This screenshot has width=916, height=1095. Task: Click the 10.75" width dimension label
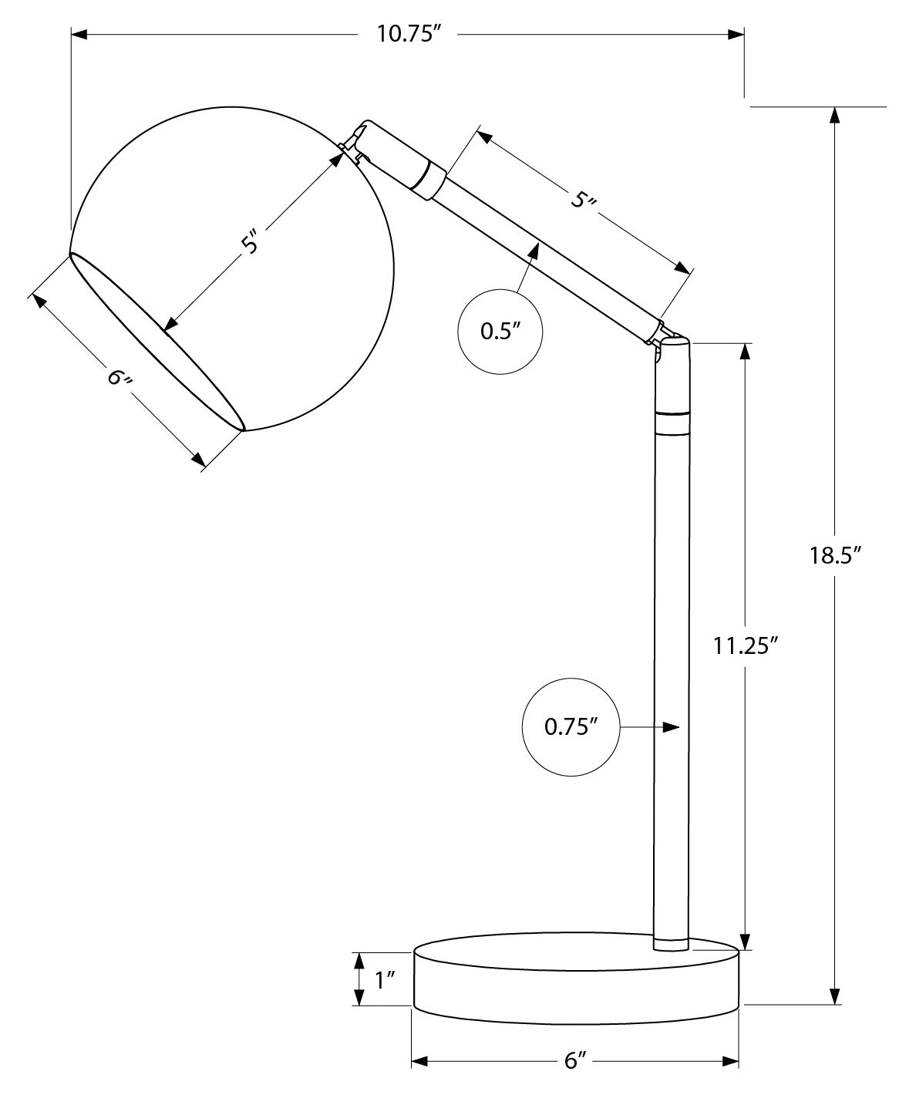click(x=408, y=35)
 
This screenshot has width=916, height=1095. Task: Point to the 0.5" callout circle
click(x=500, y=331)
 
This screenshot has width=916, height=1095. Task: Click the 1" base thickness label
click(x=384, y=979)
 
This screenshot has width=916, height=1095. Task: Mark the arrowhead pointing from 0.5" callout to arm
click(x=534, y=249)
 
